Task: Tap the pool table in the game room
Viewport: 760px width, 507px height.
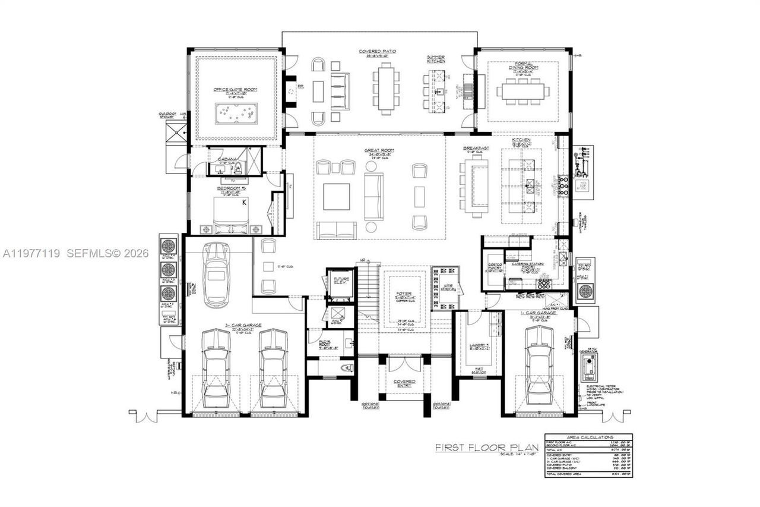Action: (236, 113)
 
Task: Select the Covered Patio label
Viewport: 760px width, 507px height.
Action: (377, 52)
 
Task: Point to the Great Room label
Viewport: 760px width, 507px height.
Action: (381, 150)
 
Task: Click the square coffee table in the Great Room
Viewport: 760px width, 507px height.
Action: (336, 197)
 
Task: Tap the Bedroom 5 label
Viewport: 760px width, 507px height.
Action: (231, 188)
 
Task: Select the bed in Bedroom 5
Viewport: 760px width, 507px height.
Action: (231, 215)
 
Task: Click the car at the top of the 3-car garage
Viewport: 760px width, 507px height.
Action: (216, 274)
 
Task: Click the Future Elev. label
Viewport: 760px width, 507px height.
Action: (341, 281)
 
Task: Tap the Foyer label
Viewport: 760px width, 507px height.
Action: (404, 294)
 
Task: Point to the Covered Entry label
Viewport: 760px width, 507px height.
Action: (404, 383)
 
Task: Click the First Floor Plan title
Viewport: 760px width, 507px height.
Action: (486, 447)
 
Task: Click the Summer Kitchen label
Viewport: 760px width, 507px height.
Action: (436, 59)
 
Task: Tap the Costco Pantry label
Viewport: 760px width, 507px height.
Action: (495, 268)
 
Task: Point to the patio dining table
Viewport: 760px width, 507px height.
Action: (386, 89)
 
